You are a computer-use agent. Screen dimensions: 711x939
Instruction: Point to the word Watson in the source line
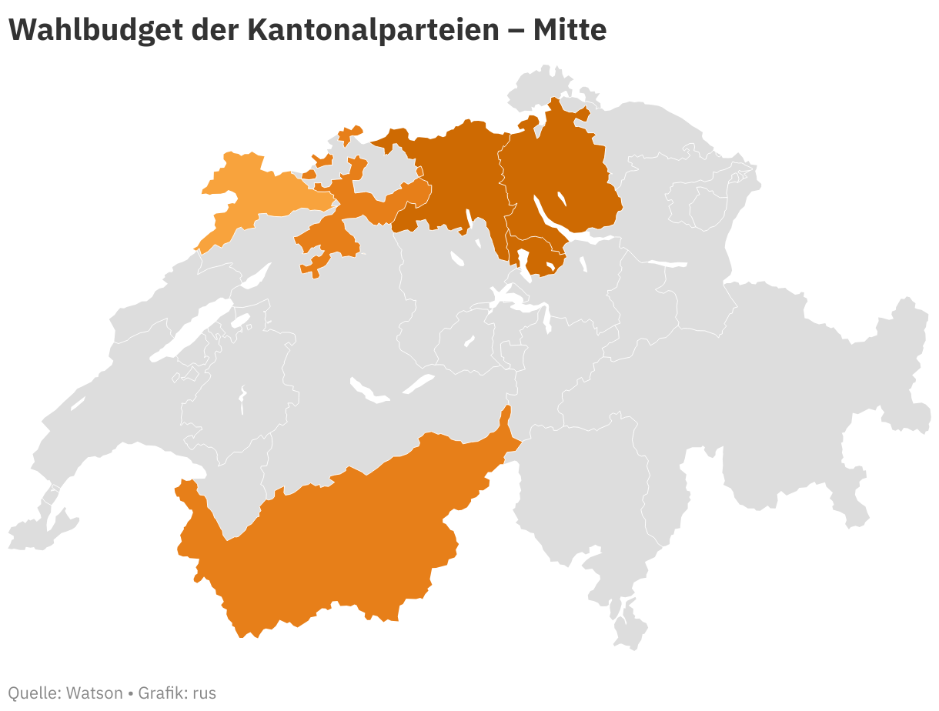point(94,693)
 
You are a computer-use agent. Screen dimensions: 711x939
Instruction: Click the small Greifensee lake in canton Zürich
point(561,199)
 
